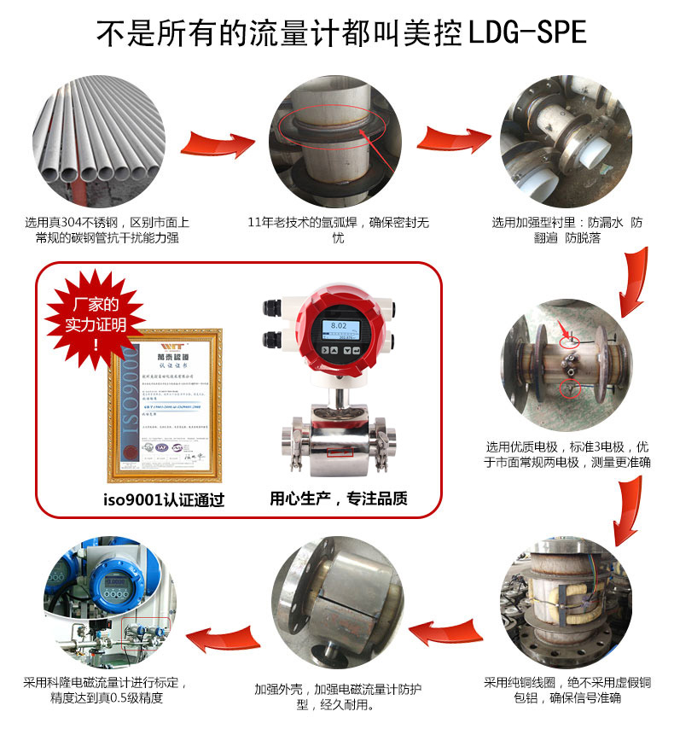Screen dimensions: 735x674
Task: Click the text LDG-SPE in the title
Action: tap(527, 32)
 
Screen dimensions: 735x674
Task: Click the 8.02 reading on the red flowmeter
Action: tap(338, 325)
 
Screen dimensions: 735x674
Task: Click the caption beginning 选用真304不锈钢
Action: tap(107, 230)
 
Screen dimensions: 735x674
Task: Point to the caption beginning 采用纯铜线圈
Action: tap(568, 690)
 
